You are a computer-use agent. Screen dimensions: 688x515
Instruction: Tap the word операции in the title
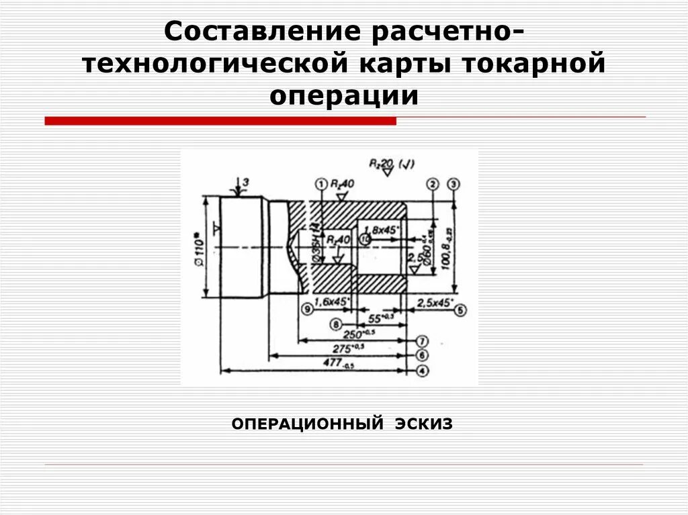coord(344,95)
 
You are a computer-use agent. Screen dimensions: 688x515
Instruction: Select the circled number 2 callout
coord(433,184)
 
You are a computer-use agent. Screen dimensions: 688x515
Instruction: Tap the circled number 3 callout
coord(455,184)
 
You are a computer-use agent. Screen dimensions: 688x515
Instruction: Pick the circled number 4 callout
coord(422,370)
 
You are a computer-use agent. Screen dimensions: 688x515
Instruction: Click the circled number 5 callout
coord(460,310)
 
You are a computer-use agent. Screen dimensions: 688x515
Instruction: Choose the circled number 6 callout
coord(422,355)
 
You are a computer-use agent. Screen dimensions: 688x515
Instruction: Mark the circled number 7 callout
coord(422,340)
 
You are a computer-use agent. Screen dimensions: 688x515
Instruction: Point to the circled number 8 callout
coord(336,324)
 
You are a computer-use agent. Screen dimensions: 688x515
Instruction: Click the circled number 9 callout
coord(308,310)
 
